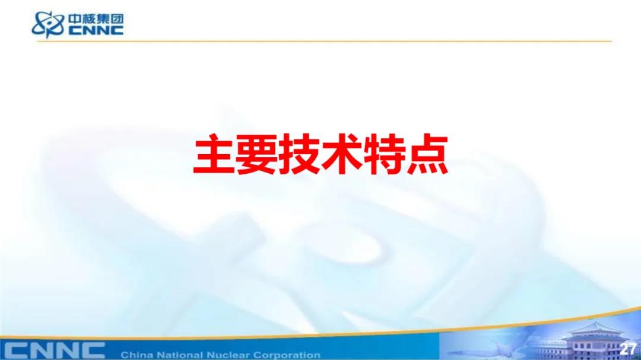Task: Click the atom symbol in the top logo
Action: click(48, 24)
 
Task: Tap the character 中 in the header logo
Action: click(75, 19)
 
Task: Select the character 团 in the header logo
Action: click(117, 19)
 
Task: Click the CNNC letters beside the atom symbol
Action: click(96, 30)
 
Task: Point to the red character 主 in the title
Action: click(214, 155)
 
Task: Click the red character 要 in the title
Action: click(256, 155)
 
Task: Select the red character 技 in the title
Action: click(299, 155)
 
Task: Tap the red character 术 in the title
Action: click(341, 155)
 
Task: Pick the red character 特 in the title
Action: click(384, 155)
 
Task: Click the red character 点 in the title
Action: click(427, 155)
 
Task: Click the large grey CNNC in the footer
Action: click(55, 351)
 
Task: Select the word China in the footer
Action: click(134, 355)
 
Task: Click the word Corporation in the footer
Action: click(287, 355)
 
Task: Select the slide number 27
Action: click(627, 349)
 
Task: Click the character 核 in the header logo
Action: click(89, 19)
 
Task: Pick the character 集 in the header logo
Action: click(103, 19)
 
